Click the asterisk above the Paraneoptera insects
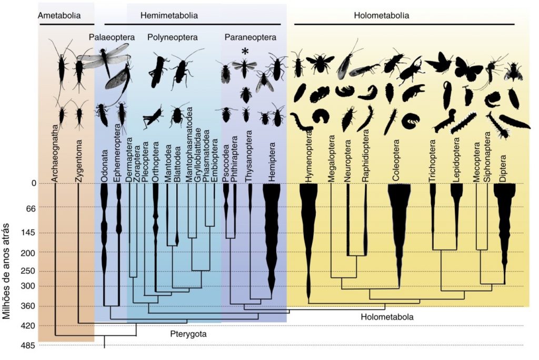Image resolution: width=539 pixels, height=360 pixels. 245,51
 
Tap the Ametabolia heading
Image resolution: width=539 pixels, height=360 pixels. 59,16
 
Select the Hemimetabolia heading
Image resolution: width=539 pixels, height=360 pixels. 169,16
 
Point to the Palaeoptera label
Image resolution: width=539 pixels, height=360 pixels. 112,37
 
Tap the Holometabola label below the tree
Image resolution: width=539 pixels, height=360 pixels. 387,317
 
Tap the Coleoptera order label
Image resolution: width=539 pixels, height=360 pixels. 395,160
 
